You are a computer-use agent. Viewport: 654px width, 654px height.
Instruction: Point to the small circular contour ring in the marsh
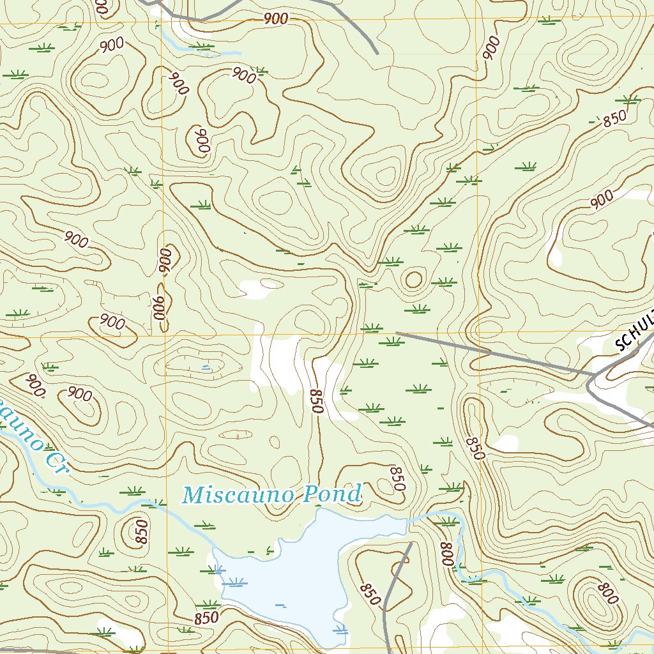coord(413,279)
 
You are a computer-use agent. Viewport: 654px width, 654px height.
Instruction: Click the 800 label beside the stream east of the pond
coord(446,553)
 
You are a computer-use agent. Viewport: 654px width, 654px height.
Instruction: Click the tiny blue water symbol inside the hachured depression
coord(205,367)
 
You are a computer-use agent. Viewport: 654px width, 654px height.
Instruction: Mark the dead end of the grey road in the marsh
coord(397,333)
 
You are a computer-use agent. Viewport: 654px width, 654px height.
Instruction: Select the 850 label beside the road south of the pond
coord(370,594)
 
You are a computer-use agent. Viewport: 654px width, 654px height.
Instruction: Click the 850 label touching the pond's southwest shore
coord(206,618)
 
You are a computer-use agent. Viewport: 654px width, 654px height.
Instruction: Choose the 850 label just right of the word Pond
coord(397,478)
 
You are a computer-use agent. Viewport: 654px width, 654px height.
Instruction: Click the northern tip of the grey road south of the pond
coord(409,544)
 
